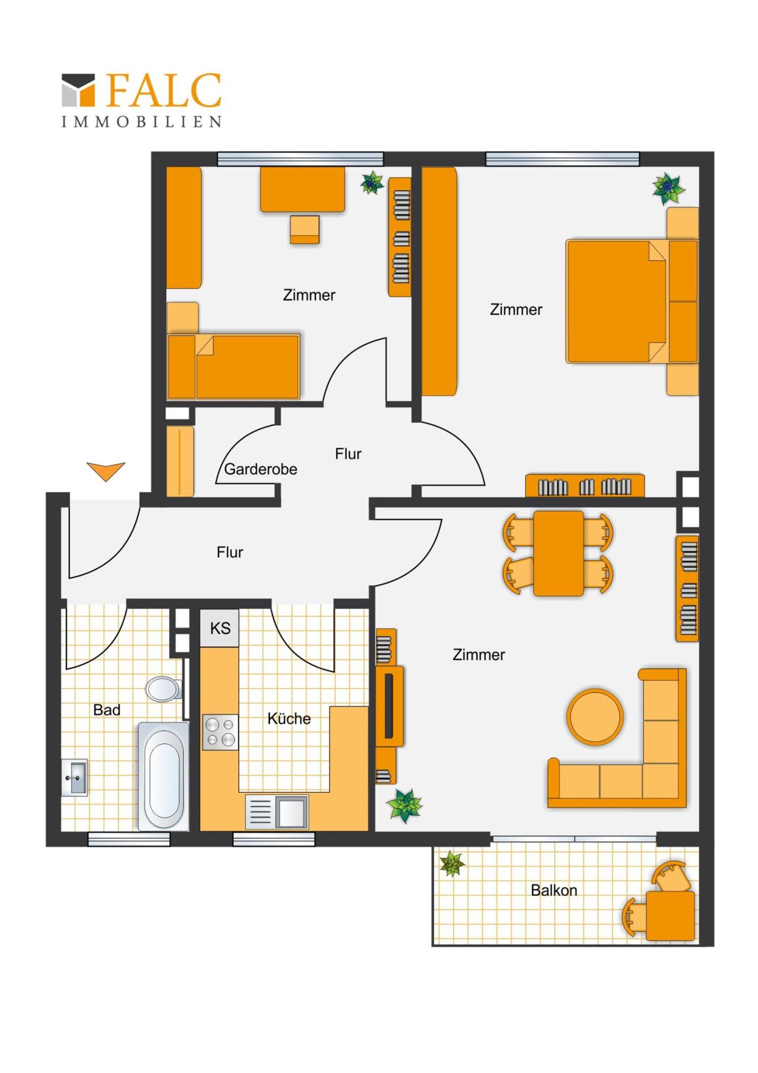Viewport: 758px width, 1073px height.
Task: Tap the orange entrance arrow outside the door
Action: [x=106, y=471]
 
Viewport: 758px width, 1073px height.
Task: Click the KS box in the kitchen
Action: [x=220, y=628]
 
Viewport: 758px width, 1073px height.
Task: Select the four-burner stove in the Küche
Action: [x=220, y=732]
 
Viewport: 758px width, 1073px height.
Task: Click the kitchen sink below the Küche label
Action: [x=277, y=811]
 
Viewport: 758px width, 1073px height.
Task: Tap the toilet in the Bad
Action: [x=163, y=688]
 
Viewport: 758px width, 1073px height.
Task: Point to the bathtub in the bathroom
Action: [x=164, y=776]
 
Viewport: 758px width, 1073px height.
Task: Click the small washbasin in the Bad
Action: [x=75, y=777]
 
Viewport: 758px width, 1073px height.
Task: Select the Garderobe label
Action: [x=261, y=469]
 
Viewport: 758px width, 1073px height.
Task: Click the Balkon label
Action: [x=554, y=890]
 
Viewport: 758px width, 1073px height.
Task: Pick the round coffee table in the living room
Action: [x=595, y=716]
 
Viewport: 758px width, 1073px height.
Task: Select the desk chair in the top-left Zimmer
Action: [x=304, y=229]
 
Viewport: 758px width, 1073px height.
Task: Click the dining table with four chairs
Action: [x=558, y=553]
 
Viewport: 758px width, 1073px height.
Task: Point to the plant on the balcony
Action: [x=452, y=863]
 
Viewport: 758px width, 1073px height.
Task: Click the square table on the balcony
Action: [x=670, y=916]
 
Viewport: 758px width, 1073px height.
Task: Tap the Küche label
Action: [x=289, y=719]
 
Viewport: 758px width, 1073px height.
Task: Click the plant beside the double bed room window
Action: [x=669, y=188]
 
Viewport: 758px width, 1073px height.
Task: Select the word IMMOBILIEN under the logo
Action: [x=142, y=121]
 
